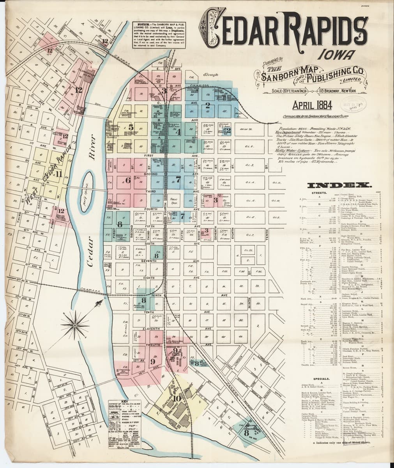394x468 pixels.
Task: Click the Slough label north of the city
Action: click(210, 74)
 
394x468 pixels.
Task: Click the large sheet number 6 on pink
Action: click(127, 180)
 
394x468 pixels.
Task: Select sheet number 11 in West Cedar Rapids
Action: click(58, 174)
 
